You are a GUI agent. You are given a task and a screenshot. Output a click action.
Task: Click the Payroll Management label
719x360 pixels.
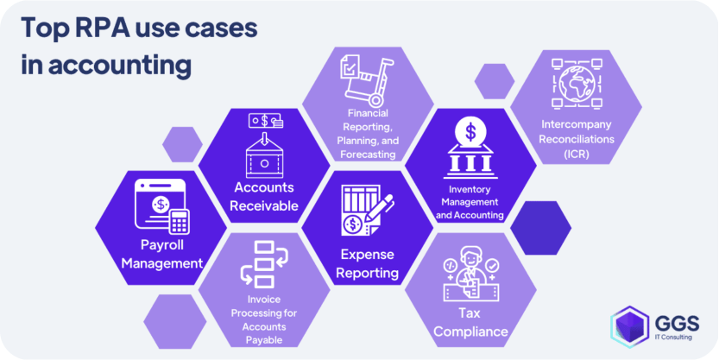coord(161,253)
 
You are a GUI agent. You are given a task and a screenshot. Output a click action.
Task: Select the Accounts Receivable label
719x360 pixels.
coord(264,196)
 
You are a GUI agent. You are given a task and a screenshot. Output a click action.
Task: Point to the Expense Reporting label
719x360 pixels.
coord(368,264)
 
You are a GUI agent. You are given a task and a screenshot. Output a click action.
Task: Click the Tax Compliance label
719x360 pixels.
coord(470,321)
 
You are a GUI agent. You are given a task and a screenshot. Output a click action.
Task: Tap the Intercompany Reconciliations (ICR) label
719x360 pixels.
coord(576,139)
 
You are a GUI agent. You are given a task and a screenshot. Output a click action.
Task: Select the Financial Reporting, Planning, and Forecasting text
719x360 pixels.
coord(368,134)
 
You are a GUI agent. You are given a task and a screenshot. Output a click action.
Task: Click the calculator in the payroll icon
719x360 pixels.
coord(179,222)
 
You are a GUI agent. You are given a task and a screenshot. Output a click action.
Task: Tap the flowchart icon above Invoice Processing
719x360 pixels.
coord(263,262)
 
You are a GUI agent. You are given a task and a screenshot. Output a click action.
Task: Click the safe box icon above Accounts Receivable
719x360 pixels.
coord(264,155)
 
